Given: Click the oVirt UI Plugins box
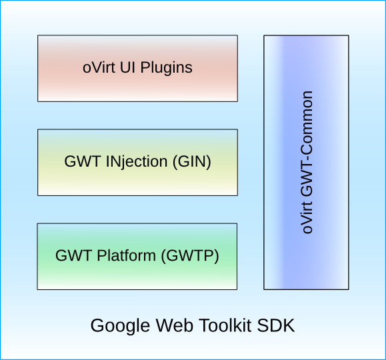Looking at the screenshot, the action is point(137,68).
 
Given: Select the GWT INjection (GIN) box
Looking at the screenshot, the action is point(137,163).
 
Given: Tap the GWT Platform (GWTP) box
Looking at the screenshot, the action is point(137,257).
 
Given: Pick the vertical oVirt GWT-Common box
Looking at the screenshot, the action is point(306,163).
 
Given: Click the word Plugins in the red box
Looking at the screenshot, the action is point(167,68).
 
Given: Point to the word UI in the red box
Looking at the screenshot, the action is point(127,67).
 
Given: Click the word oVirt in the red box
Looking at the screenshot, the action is point(99,67).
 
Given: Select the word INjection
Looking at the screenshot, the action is point(137,163).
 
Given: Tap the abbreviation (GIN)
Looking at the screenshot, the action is point(192,162).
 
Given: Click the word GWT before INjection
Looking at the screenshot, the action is point(83,161).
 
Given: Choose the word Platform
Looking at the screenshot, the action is point(126,255).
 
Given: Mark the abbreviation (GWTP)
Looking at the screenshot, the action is point(190,256).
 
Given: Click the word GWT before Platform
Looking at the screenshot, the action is point(74,255).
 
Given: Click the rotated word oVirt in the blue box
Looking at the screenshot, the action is point(307,218).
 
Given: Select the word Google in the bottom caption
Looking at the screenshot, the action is point(120,326).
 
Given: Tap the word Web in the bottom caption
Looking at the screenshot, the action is point(175,325).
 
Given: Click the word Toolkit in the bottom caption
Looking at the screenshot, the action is point(225,325).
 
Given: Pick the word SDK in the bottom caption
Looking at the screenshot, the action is point(276,325).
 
